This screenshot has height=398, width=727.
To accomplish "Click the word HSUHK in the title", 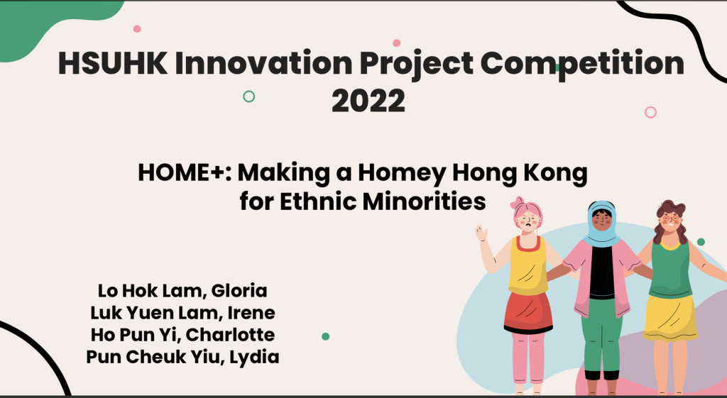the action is (x=113, y=62).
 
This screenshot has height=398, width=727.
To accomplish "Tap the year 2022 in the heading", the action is (x=368, y=101).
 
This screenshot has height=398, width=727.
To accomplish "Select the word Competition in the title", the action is (x=582, y=64).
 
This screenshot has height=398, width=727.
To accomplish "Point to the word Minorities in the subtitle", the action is (x=425, y=201).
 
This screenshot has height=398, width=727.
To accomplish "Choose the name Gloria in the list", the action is (x=239, y=290).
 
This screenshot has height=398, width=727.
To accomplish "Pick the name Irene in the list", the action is (x=251, y=313).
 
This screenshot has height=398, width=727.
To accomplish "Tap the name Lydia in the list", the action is (x=255, y=358).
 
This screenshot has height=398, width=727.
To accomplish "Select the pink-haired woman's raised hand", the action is (x=481, y=233).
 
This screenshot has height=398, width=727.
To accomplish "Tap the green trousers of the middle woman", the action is (x=602, y=335).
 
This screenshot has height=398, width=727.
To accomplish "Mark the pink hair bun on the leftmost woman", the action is (x=517, y=202).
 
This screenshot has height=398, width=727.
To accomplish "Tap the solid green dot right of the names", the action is (x=325, y=336).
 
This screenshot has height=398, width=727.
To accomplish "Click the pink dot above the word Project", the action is (x=396, y=43).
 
